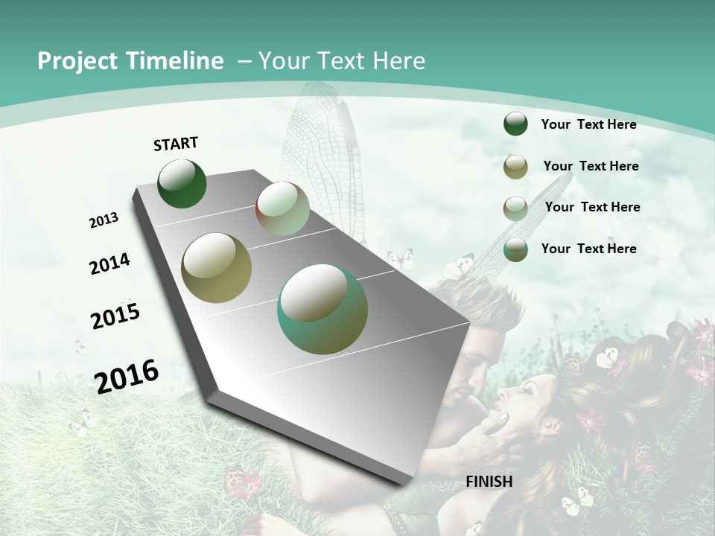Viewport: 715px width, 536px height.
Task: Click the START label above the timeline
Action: coord(176,144)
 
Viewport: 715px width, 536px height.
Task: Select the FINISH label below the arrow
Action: coord(489,482)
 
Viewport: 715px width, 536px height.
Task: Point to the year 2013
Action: coord(104,220)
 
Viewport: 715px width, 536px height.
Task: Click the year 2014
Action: coord(110,264)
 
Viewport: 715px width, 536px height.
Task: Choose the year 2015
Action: coord(115,316)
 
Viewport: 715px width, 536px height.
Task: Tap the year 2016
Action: coord(127,376)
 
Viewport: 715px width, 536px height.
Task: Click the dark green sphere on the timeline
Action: coord(182,184)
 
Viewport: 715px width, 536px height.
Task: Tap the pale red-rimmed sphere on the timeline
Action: coord(282,208)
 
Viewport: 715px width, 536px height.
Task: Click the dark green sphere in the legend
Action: coord(515,124)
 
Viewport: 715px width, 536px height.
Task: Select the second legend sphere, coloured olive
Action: coord(515,167)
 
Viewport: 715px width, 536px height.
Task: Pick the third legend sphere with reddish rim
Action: coord(515,208)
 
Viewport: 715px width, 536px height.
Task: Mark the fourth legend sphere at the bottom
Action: coord(515,249)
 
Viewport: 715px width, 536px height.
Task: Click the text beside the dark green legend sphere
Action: coord(588,125)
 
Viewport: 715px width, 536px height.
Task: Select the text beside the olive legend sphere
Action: coord(591,166)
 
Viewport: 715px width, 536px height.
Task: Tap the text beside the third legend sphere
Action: coord(592,207)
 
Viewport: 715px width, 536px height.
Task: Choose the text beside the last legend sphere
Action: coord(588,249)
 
